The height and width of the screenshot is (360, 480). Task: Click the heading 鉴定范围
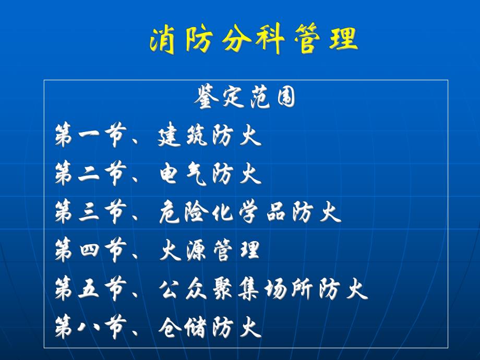(245, 98)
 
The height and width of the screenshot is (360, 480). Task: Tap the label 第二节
(90, 175)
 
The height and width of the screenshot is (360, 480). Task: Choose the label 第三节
(90, 213)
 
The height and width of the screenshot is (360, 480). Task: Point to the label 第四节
(90, 251)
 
